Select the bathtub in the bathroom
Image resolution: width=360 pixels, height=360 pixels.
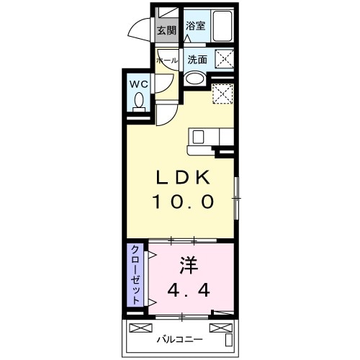222,27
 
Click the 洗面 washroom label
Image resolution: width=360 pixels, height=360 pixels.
197,60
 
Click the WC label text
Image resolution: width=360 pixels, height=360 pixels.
139,84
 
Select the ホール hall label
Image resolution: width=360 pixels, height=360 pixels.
166,60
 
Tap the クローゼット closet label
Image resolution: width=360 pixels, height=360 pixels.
135,274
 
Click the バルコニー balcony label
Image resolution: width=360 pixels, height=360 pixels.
179,339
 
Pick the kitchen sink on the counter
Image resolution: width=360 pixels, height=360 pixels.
201,135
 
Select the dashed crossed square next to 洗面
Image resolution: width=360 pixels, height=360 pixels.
223,60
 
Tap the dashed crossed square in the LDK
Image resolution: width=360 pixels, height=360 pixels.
223,94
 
